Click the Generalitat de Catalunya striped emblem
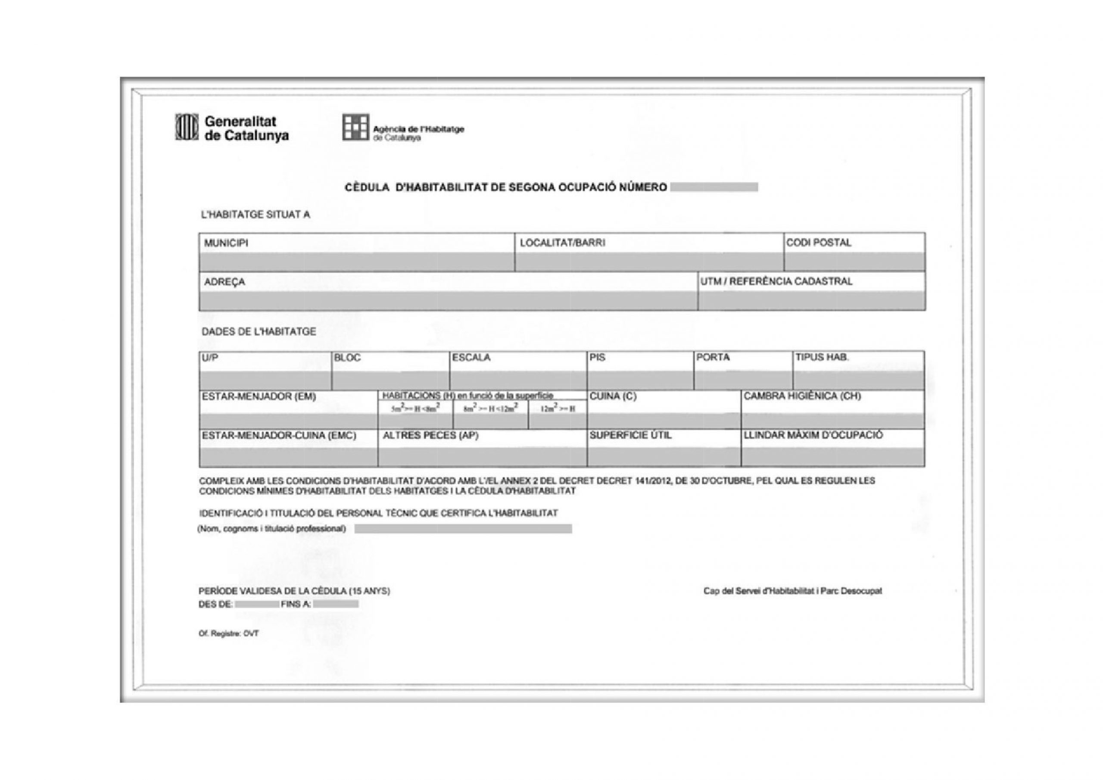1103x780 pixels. pyautogui.click(x=187, y=128)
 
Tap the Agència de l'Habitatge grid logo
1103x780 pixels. pyautogui.click(x=355, y=128)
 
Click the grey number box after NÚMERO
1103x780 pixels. pyautogui.click(x=714, y=187)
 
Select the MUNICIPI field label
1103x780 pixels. pyautogui.click(x=226, y=243)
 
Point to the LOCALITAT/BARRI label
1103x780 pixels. pyautogui.click(x=562, y=243)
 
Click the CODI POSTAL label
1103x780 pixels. pyautogui.click(x=818, y=243)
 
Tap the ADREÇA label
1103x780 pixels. pyautogui.click(x=224, y=282)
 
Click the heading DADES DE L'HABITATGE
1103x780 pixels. pyautogui.click(x=259, y=332)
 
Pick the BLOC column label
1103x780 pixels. pyautogui.click(x=347, y=358)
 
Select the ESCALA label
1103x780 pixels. pyautogui.click(x=471, y=358)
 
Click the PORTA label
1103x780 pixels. pyautogui.click(x=713, y=358)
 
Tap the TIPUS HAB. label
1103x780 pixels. pyautogui.click(x=822, y=358)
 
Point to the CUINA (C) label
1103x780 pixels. pyautogui.click(x=613, y=396)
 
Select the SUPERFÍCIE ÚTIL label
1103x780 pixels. pyautogui.click(x=630, y=435)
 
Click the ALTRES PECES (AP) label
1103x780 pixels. pyautogui.click(x=430, y=435)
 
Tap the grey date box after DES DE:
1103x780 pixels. pyautogui.click(x=256, y=604)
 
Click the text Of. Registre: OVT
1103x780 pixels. pyautogui.click(x=229, y=633)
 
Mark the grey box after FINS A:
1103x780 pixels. pyautogui.click(x=335, y=604)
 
